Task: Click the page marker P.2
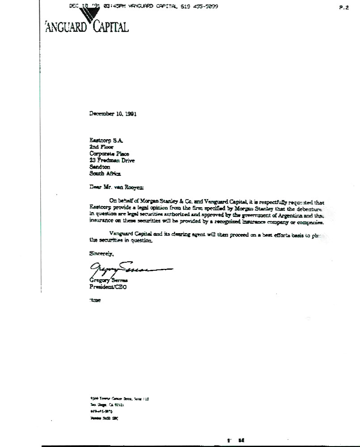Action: [x=344, y=8]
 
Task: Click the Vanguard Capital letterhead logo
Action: [x=87, y=25]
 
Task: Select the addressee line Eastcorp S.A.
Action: [x=103, y=140]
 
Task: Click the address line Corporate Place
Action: [x=109, y=153]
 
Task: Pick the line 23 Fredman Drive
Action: [x=112, y=160]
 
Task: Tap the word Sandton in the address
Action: [x=100, y=167]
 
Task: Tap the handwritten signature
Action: [x=130, y=269]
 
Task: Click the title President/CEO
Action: [x=108, y=287]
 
